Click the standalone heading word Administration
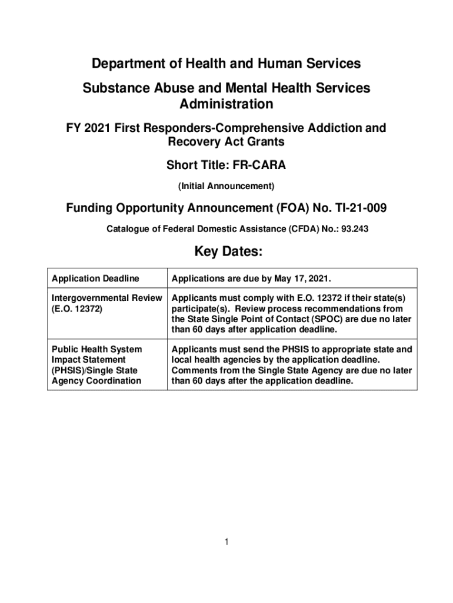click(x=226, y=104)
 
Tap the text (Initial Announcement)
click(x=226, y=186)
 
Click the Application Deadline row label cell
click(x=96, y=278)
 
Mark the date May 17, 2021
click(x=297, y=278)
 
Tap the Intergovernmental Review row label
click(x=106, y=299)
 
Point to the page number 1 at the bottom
click(x=226, y=542)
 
